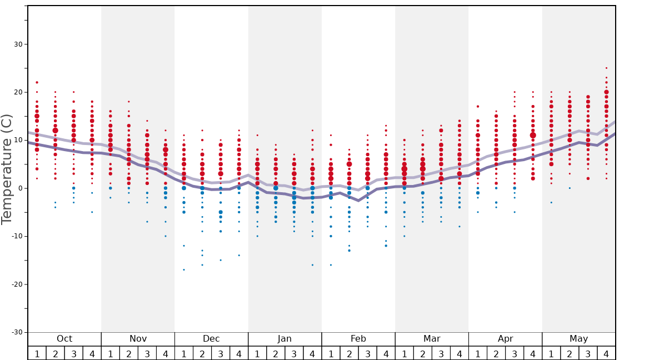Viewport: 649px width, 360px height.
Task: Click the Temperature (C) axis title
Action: point(7,169)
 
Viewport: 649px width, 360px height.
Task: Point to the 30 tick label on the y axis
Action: point(17,44)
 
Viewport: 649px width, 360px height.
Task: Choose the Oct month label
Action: point(64,339)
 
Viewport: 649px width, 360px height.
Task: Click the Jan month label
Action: point(284,339)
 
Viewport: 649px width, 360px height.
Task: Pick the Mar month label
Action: point(432,339)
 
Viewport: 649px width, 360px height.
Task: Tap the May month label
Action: point(578,339)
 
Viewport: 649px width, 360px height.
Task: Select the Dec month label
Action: point(211,339)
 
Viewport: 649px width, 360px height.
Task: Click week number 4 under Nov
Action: point(166,353)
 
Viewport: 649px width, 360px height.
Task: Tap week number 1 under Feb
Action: point(331,353)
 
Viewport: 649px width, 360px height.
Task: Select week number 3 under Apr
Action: point(515,353)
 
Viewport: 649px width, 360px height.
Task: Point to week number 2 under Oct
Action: point(56,353)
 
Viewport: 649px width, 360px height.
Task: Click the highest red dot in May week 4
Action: point(606,68)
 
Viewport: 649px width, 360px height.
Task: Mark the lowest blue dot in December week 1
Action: point(184,269)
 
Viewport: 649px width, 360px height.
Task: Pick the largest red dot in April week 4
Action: point(533,135)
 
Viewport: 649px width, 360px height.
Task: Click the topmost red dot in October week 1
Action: point(37,82)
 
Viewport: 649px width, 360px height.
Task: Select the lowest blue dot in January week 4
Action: point(312,265)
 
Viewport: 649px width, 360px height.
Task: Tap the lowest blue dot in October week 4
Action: point(92,212)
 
